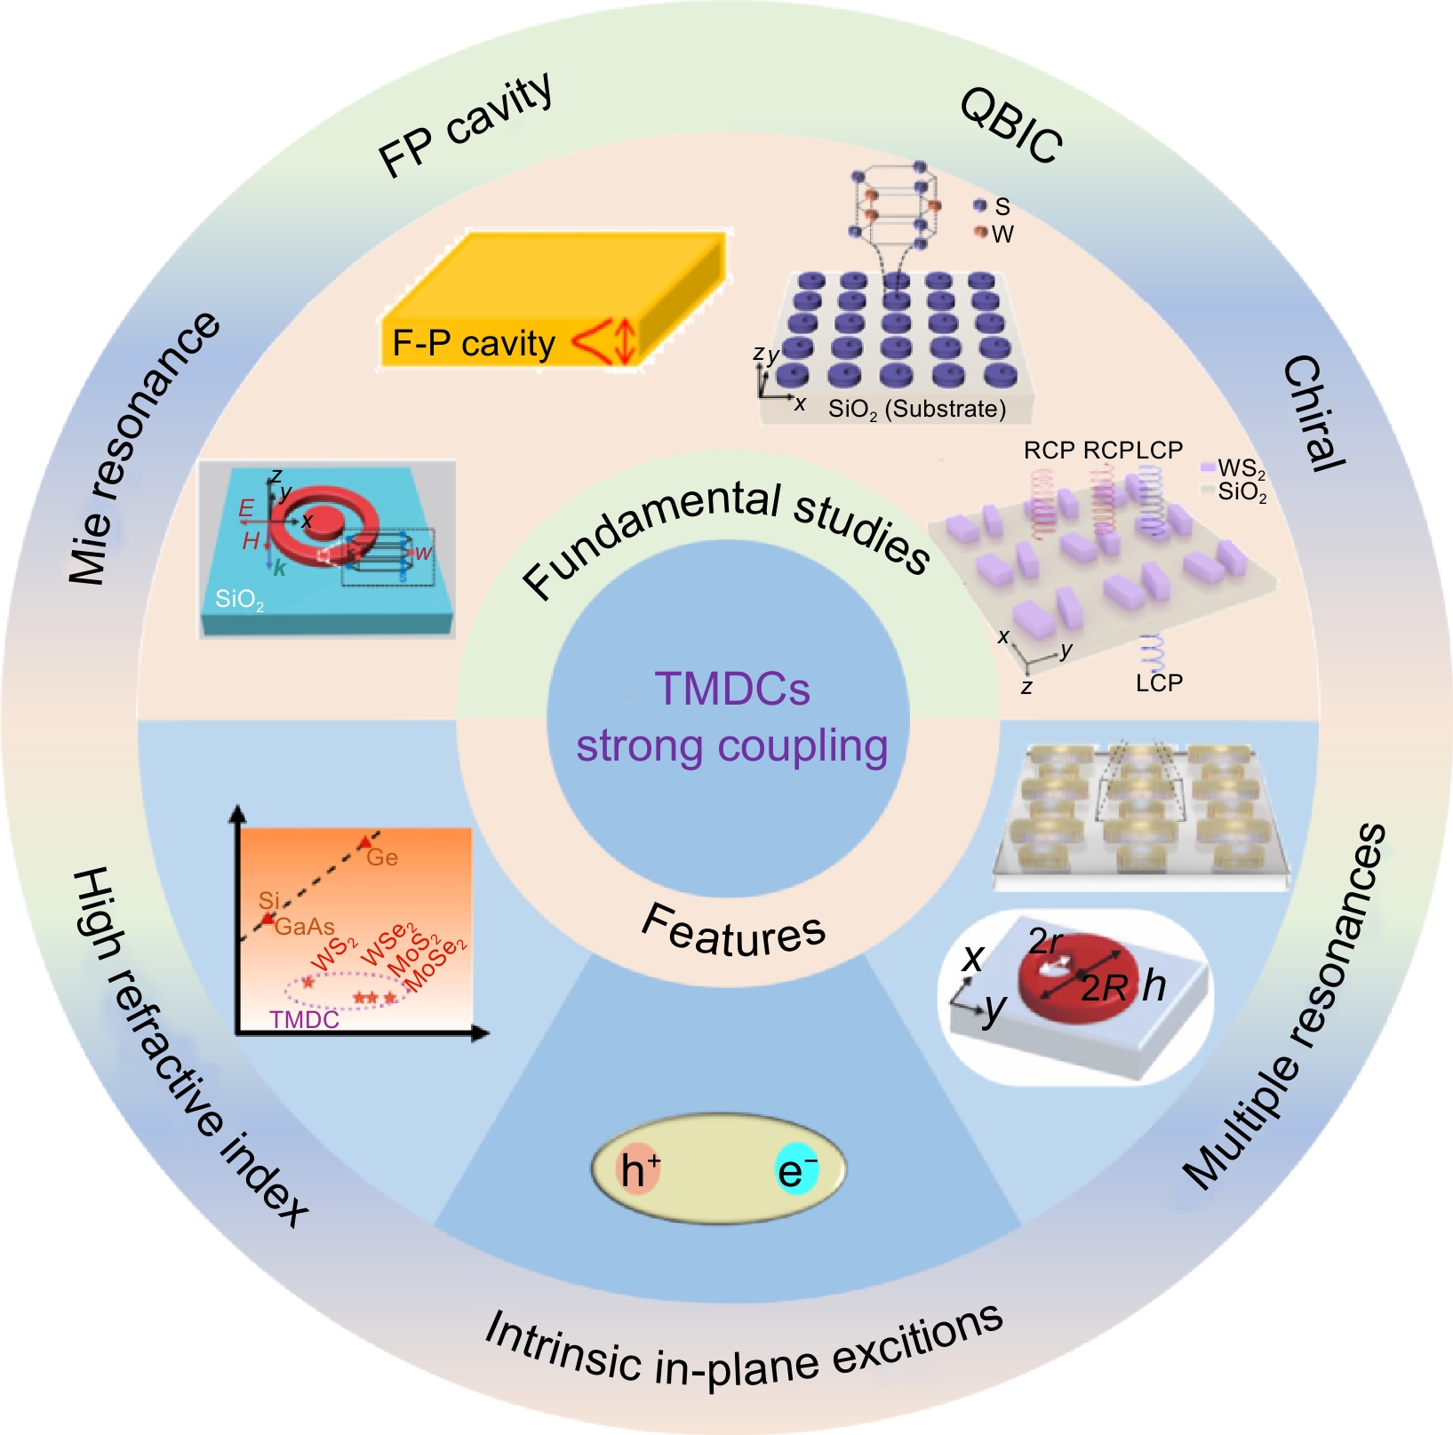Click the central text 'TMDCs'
click(732, 689)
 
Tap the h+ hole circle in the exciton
click(639, 1169)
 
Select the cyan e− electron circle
click(796, 1170)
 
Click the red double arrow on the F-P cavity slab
click(625, 341)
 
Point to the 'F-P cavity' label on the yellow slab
click(474, 343)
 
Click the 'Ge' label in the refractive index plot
click(382, 857)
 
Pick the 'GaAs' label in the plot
click(305, 927)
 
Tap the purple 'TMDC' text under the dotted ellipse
click(304, 1019)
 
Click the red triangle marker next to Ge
click(364, 841)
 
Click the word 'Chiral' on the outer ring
click(1313, 412)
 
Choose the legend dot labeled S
click(980, 206)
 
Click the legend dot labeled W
click(980, 232)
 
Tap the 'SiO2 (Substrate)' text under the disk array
click(916, 409)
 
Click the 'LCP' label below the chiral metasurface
click(1159, 682)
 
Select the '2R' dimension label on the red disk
click(1104, 988)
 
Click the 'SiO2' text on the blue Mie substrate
click(239, 600)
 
